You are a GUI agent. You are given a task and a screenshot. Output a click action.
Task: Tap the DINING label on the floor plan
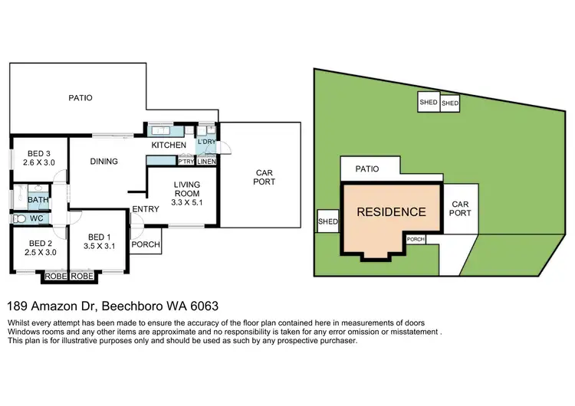pyautogui.click(x=103, y=162)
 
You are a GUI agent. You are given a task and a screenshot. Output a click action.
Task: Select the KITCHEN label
pyautogui.click(x=169, y=145)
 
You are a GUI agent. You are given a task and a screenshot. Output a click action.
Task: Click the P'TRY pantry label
pyautogui.click(x=186, y=162)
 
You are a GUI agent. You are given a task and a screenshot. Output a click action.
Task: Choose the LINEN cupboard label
pyautogui.click(x=206, y=162)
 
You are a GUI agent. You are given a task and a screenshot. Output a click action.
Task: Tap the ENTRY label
pyautogui.click(x=146, y=209)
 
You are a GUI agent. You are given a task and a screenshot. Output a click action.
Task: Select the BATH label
pyautogui.click(x=38, y=201)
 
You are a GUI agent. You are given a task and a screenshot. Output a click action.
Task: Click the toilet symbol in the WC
pyautogui.click(x=21, y=219)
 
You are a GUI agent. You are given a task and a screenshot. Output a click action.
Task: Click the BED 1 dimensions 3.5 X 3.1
pyautogui.click(x=100, y=246)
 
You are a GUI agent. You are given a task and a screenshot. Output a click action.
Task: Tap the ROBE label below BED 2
pyautogui.click(x=55, y=275)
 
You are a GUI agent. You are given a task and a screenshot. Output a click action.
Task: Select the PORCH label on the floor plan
pyautogui.click(x=146, y=245)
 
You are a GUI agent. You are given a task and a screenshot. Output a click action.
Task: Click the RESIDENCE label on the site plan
pyautogui.click(x=391, y=212)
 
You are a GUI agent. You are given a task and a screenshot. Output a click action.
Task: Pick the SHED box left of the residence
pyautogui.click(x=327, y=223)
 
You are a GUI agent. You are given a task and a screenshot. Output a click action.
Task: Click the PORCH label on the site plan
pyautogui.click(x=416, y=239)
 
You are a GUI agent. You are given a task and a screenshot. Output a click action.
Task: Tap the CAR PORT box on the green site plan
pyautogui.click(x=460, y=209)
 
